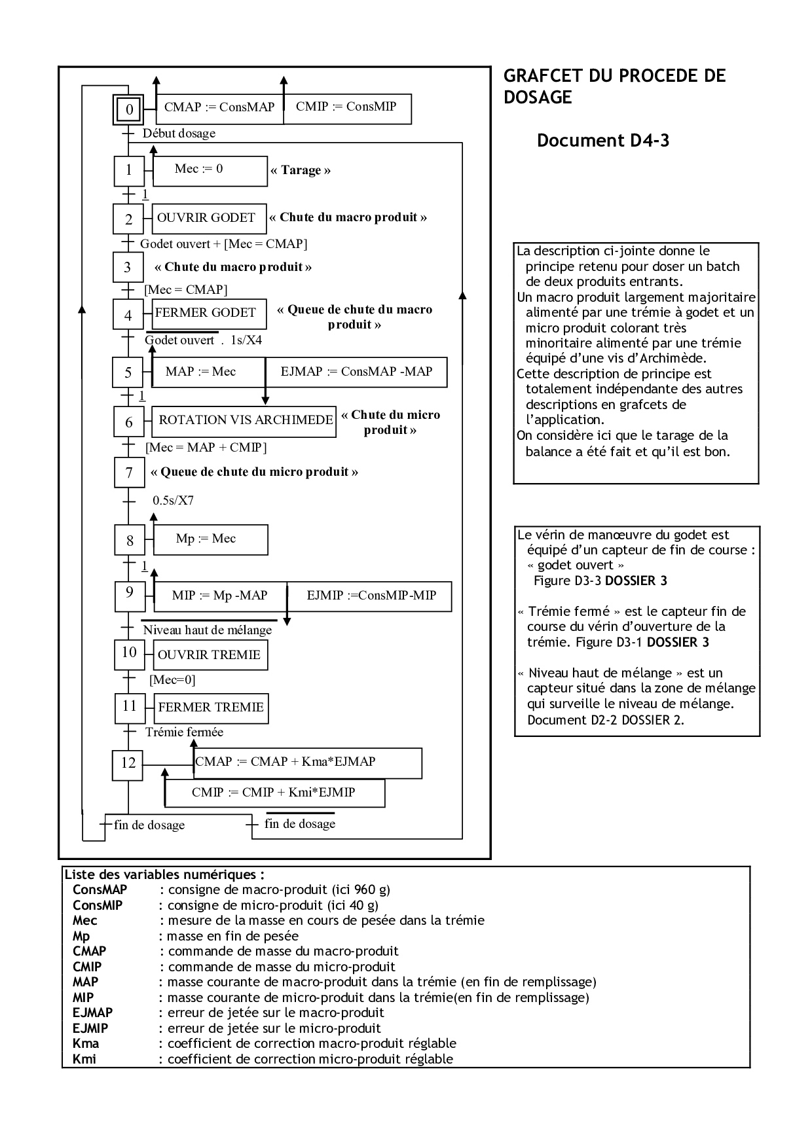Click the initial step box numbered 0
(x=129, y=109)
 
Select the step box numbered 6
(x=128, y=422)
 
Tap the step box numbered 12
(x=128, y=762)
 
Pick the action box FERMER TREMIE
(x=212, y=708)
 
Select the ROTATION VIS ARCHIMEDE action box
(x=245, y=421)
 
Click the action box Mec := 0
(x=210, y=170)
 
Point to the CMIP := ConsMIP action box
(x=347, y=107)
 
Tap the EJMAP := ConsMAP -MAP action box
(x=356, y=372)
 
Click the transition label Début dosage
(x=179, y=134)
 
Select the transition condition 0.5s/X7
(x=173, y=501)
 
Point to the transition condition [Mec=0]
(x=172, y=680)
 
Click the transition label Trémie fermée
(x=184, y=732)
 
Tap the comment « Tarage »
(x=301, y=170)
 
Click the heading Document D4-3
(x=602, y=141)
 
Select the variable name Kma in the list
(x=86, y=1043)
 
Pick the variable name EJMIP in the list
(x=90, y=1028)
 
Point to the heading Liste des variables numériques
(x=164, y=874)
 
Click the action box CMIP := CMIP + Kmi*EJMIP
(x=274, y=793)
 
